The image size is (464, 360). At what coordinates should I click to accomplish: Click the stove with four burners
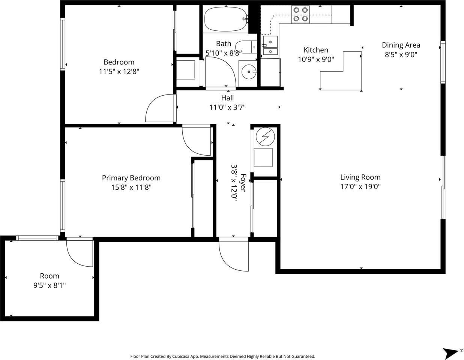(300, 14)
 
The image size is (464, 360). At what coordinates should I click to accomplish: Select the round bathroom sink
(248, 71)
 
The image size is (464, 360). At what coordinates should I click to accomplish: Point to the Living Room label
(360, 177)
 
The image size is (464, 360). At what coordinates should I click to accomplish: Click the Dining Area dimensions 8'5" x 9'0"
(401, 54)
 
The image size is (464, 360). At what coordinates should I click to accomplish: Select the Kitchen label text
(316, 50)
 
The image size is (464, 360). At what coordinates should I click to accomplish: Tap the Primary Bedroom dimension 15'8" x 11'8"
(131, 187)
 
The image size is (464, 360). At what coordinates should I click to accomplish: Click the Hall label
(227, 98)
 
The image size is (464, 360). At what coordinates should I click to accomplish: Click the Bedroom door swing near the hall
(159, 109)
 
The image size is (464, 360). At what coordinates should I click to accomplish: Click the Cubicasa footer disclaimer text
(222, 356)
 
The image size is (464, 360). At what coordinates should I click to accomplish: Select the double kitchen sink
(270, 46)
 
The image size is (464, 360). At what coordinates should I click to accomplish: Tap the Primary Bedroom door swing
(197, 141)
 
